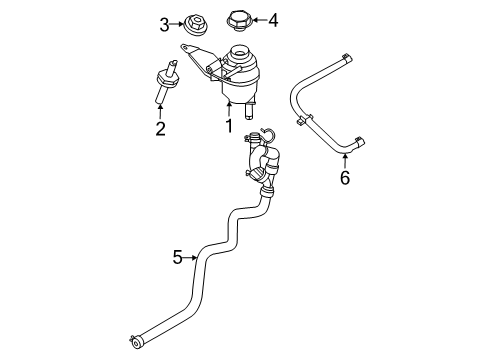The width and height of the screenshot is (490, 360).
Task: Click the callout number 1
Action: (229, 126)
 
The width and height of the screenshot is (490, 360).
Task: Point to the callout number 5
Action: (177, 257)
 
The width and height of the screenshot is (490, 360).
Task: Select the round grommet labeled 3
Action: (192, 21)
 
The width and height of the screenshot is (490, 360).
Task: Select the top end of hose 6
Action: (345, 59)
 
